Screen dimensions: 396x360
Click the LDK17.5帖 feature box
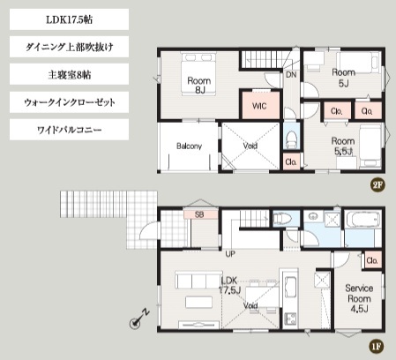[69, 19]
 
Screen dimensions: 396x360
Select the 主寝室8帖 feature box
[69, 74]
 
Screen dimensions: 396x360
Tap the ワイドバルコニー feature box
[69, 130]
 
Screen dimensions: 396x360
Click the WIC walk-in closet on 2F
[260, 105]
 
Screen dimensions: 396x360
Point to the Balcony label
[189, 146]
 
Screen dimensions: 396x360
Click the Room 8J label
[199, 86]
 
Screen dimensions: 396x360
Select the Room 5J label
[343, 78]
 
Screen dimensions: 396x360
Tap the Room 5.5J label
[343, 146]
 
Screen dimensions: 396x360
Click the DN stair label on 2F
[291, 75]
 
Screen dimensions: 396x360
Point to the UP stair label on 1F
[230, 254]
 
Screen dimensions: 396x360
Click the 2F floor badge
[377, 185]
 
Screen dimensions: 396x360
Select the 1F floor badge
[377, 346]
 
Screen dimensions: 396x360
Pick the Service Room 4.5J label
[359, 298]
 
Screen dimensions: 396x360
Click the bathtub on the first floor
[362, 220]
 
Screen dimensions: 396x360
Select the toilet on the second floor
[292, 139]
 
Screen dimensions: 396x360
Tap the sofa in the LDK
[198, 280]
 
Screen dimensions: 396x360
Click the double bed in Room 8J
[199, 74]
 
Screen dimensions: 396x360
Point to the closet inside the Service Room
[373, 260]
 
